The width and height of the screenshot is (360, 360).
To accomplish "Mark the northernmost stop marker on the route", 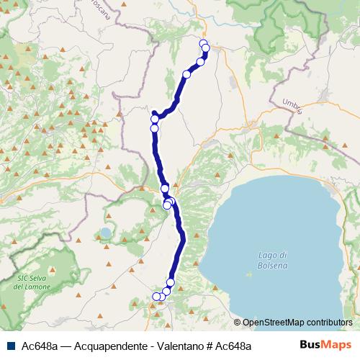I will pyautogui.click(x=203, y=44).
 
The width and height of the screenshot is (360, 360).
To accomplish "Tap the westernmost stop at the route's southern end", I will pyautogui.click(x=156, y=296).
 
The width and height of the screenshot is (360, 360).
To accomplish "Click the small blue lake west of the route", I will pyautogui.click(x=106, y=233).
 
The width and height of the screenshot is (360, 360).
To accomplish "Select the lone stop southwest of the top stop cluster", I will pyautogui.click(x=187, y=74).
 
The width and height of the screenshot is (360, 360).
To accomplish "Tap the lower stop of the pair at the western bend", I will pyautogui.click(x=154, y=128).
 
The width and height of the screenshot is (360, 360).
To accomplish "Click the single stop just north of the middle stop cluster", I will pyautogui.click(x=165, y=188).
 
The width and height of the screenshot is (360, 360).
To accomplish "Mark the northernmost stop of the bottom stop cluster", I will pyautogui.click(x=171, y=282).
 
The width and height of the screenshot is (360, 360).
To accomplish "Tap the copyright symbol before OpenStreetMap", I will pyautogui.click(x=238, y=323).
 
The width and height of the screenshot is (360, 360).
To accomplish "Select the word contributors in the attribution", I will pyautogui.click(x=330, y=323).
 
